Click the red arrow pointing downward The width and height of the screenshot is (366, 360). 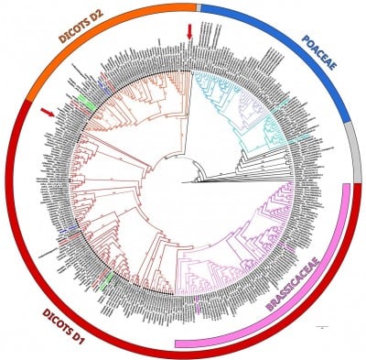[188, 32]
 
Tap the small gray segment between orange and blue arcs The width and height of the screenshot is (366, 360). [197, 5]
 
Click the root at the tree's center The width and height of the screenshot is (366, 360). [183, 181]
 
